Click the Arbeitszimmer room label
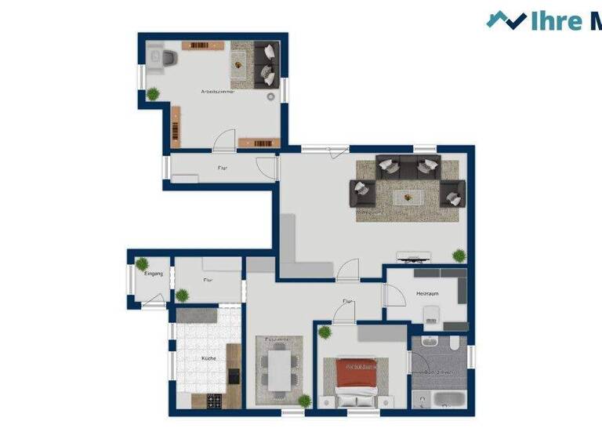(217, 92)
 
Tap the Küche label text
(208, 358)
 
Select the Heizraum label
(427, 293)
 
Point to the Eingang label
(153, 274)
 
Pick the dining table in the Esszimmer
(278, 366)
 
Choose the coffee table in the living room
(407, 194)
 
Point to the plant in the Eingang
(142, 263)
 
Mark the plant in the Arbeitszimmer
(154, 94)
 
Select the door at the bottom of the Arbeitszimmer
(224, 140)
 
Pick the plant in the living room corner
(459, 255)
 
